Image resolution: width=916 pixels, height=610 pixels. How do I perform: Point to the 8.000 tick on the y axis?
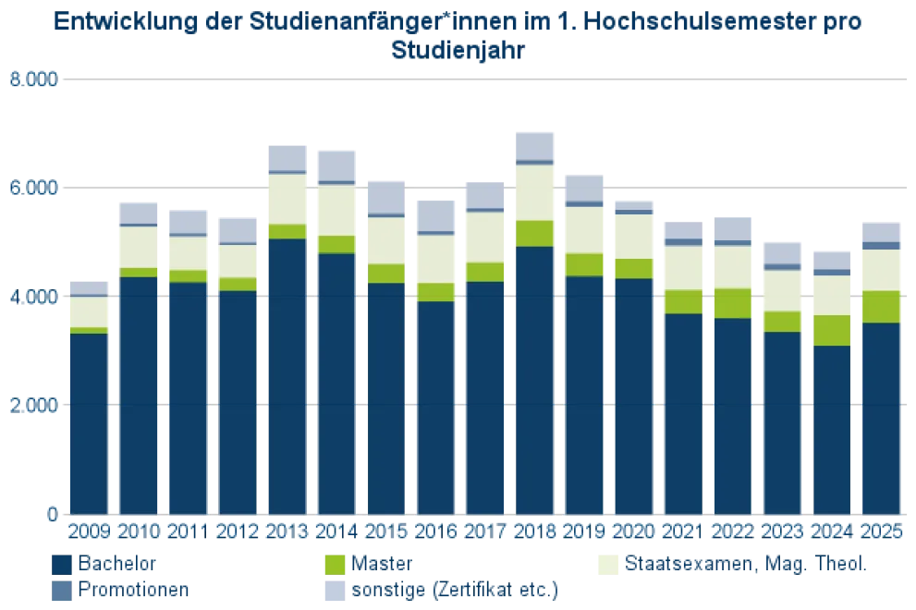tap(33, 80)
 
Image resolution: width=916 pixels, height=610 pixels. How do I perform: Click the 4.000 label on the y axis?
tap(33, 297)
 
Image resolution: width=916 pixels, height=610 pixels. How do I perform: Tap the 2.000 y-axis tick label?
tap(33, 405)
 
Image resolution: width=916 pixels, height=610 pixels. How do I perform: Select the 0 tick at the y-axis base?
tap(51, 512)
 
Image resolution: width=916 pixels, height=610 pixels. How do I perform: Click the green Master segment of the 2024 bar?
tap(831, 330)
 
